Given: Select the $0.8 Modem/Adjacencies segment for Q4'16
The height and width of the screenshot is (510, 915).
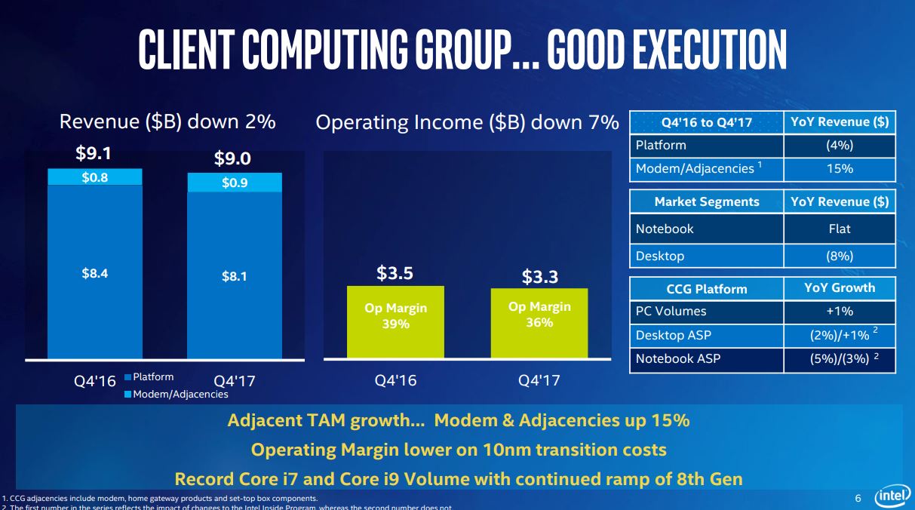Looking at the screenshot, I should (x=95, y=177).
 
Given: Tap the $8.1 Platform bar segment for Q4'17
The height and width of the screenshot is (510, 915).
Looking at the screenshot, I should (x=235, y=275).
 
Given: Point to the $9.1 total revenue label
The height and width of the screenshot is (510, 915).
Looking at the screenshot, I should (x=94, y=154).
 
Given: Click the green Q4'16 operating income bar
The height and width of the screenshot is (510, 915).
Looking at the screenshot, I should (x=396, y=321).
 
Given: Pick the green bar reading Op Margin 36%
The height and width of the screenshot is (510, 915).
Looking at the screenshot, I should (x=539, y=322).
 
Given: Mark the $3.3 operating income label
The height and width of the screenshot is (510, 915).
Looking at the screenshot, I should (x=540, y=277).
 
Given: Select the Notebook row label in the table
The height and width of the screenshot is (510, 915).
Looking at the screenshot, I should (x=665, y=229).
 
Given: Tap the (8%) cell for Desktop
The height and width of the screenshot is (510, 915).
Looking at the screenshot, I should (x=840, y=256).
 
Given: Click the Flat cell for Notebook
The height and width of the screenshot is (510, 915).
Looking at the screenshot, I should (x=840, y=229).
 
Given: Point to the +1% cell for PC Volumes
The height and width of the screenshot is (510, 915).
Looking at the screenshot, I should (x=840, y=311).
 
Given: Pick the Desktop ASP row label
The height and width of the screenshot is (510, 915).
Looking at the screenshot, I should (x=674, y=335).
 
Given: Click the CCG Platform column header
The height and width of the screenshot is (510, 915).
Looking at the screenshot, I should (x=707, y=289).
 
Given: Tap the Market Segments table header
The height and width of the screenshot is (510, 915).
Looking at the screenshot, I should (x=707, y=201).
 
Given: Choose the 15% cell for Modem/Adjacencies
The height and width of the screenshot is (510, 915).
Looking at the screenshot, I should (x=840, y=168).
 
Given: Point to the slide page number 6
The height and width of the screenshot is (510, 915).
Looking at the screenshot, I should (x=858, y=498).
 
